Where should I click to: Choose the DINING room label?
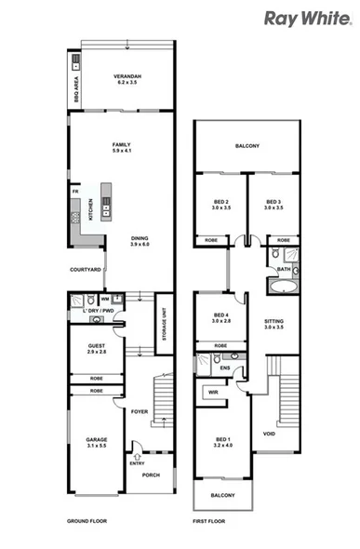(x=140, y=241)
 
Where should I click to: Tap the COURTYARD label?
(x=86, y=270)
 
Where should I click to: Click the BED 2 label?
(x=220, y=205)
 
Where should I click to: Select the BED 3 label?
(x=273, y=205)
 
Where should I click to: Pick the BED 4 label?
(x=220, y=317)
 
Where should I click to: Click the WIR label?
(x=212, y=393)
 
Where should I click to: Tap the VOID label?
(x=270, y=433)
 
